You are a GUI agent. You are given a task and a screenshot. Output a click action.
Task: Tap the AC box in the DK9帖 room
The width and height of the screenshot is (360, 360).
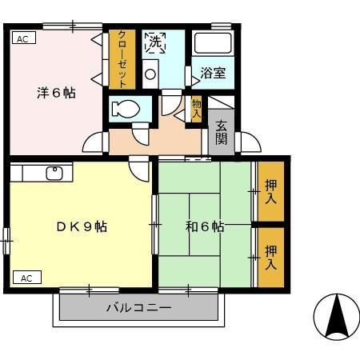[x=26, y=278]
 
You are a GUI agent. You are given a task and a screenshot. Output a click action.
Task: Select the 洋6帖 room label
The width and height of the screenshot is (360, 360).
[x=56, y=92]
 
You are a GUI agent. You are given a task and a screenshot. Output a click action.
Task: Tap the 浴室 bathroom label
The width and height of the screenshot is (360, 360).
[x=213, y=73]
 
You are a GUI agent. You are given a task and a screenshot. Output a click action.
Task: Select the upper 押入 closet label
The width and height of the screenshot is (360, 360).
[x=270, y=192]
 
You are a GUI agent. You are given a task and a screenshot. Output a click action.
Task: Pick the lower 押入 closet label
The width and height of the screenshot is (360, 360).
[x=270, y=256]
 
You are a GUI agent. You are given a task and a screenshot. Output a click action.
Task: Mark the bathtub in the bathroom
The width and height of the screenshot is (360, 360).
[x=213, y=45]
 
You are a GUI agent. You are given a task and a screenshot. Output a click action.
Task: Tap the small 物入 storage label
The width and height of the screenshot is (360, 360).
[x=197, y=107]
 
